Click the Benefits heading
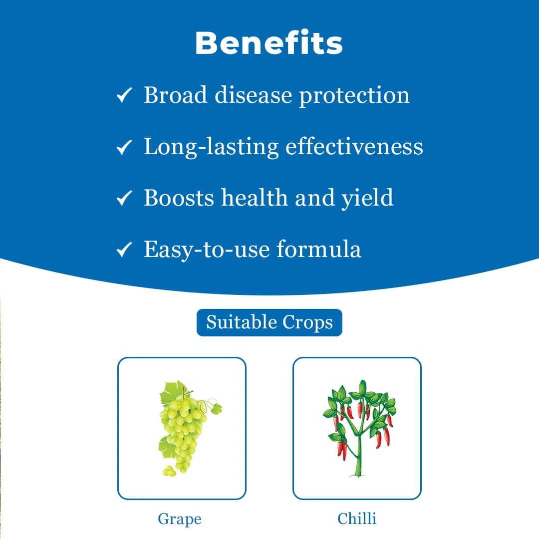(x=269, y=43)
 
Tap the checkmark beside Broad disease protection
(x=124, y=95)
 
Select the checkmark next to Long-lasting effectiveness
(x=124, y=147)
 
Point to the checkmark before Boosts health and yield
(x=124, y=199)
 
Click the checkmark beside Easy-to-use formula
(x=124, y=250)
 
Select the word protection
(x=354, y=96)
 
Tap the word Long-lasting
(x=211, y=147)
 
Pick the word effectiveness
(x=354, y=146)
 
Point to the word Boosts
(x=179, y=198)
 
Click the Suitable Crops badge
(x=269, y=322)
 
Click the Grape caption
(x=180, y=519)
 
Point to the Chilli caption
(x=357, y=519)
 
